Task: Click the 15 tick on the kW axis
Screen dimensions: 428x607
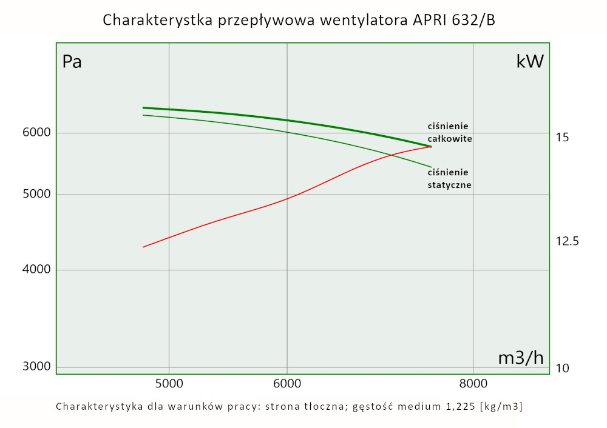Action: point(562,138)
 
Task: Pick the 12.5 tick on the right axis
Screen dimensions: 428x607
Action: point(567,241)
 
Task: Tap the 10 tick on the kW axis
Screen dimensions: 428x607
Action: point(562,369)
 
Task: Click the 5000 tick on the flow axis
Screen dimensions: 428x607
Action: point(169,383)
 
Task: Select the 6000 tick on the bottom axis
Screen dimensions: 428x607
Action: point(287,383)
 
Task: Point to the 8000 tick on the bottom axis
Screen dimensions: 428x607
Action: point(473,383)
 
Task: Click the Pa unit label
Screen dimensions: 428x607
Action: point(72,62)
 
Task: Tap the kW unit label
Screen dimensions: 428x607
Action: point(530,62)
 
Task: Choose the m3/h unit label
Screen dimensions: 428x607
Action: point(521,358)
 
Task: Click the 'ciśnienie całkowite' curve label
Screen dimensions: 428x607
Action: point(449,132)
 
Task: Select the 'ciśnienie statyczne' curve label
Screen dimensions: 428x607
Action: point(449,178)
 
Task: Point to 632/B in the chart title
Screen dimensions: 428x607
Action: point(474,20)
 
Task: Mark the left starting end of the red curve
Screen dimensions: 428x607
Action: point(143,247)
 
